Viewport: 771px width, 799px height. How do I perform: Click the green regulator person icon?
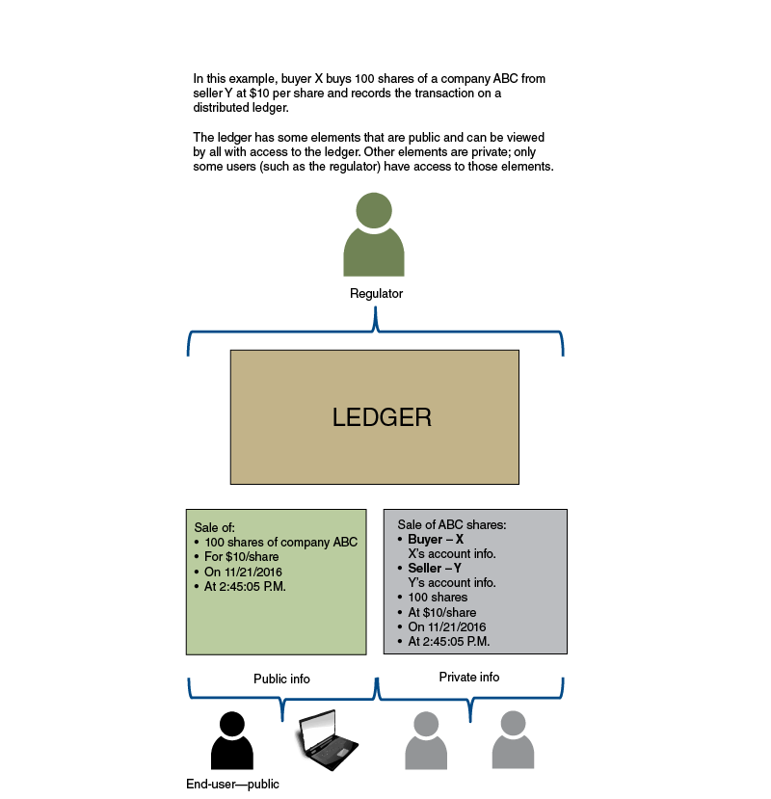[x=374, y=236]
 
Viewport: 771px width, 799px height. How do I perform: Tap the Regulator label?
[x=376, y=293]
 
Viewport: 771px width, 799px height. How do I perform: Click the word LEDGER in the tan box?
[x=382, y=417]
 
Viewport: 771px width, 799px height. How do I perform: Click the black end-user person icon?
[x=232, y=740]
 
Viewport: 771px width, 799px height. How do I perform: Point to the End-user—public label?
[x=232, y=784]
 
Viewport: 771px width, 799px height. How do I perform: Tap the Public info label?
[x=281, y=679]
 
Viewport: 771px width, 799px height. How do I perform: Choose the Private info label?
[x=469, y=677]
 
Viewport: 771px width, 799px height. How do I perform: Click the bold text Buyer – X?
[x=436, y=540]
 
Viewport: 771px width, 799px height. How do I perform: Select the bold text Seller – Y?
[x=435, y=569]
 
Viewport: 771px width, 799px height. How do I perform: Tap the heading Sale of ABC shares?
[x=452, y=525]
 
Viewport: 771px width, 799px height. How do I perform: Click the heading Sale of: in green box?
[x=215, y=528]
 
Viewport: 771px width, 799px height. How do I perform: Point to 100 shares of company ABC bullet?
[x=279, y=543]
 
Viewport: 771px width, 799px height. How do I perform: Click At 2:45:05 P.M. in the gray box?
[x=449, y=641]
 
